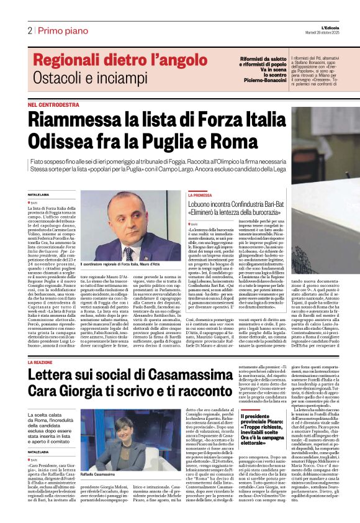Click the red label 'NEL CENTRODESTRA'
(x=53, y=106)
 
